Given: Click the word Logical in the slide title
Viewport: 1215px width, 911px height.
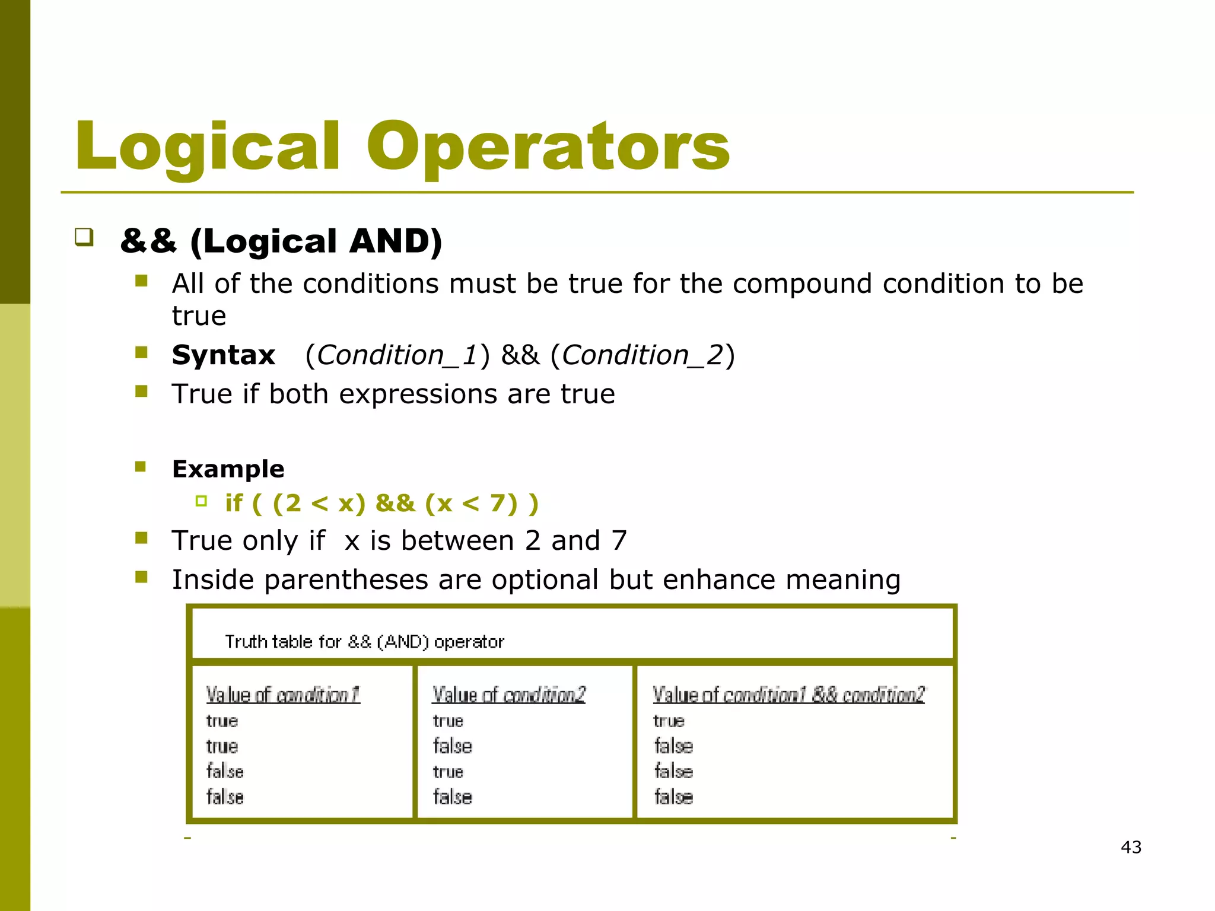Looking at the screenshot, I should [x=208, y=146].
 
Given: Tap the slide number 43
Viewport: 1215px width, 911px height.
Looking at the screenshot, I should [x=1131, y=847].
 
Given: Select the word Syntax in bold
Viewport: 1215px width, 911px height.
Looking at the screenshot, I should [x=224, y=355].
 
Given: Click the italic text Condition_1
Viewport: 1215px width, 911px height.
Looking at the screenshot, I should [x=397, y=355].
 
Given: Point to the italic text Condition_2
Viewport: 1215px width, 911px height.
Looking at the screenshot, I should [x=643, y=355].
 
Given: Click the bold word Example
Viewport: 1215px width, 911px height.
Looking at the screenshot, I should [x=228, y=469].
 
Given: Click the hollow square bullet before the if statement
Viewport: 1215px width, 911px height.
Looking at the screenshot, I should [x=201, y=502].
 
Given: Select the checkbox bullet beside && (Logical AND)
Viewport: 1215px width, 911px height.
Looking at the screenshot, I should [x=84, y=237].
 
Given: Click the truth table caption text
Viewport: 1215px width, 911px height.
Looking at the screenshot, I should [x=364, y=642].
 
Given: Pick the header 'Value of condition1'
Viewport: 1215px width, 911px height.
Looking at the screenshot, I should [x=283, y=695].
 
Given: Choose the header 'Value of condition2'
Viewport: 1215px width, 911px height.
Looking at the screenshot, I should [x=508, y=695].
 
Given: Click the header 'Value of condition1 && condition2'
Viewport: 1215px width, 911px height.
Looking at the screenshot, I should [x=788, y=695].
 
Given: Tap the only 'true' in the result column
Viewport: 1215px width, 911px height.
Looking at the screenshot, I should [x=669, y=721].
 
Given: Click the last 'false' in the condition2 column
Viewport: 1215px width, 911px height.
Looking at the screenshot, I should [x=452, y=797].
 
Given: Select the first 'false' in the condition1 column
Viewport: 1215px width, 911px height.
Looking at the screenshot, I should [x=225, y=772].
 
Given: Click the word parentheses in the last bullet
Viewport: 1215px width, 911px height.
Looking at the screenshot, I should [x=346, y=579].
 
